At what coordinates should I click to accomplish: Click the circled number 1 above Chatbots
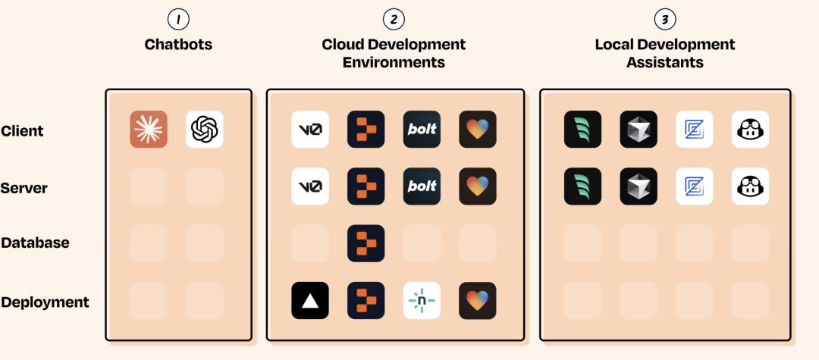tap(178, 19)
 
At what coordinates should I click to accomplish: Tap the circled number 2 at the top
tap(394, 19)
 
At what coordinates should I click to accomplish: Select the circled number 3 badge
tap(664, 19)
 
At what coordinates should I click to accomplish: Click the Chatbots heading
tap(178, 44)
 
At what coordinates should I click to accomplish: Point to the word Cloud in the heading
tap(343, 44)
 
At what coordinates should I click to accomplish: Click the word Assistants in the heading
tap(664, 62)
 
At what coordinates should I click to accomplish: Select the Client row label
tap(22, 130)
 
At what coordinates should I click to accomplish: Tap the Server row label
tap(24, 187)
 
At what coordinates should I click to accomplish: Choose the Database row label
tap(35, 243)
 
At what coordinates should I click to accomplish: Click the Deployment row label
tap(45, 302)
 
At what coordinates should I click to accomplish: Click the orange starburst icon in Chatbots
tap(149, 129)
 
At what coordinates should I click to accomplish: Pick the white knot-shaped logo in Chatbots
tap(205, 129)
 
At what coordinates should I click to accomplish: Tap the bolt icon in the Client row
tap(422, 129)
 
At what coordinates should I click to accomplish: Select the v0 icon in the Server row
tap(310, 186)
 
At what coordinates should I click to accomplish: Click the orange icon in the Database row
tap(366, 243)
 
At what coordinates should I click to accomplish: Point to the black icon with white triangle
tap(310, 301)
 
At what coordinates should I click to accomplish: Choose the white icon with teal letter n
tap(422, 301)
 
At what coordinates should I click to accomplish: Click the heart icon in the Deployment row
tap(478, 301)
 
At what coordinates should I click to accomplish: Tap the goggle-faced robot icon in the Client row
tap(750, 129)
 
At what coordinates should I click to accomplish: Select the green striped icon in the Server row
tap(582, 186)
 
